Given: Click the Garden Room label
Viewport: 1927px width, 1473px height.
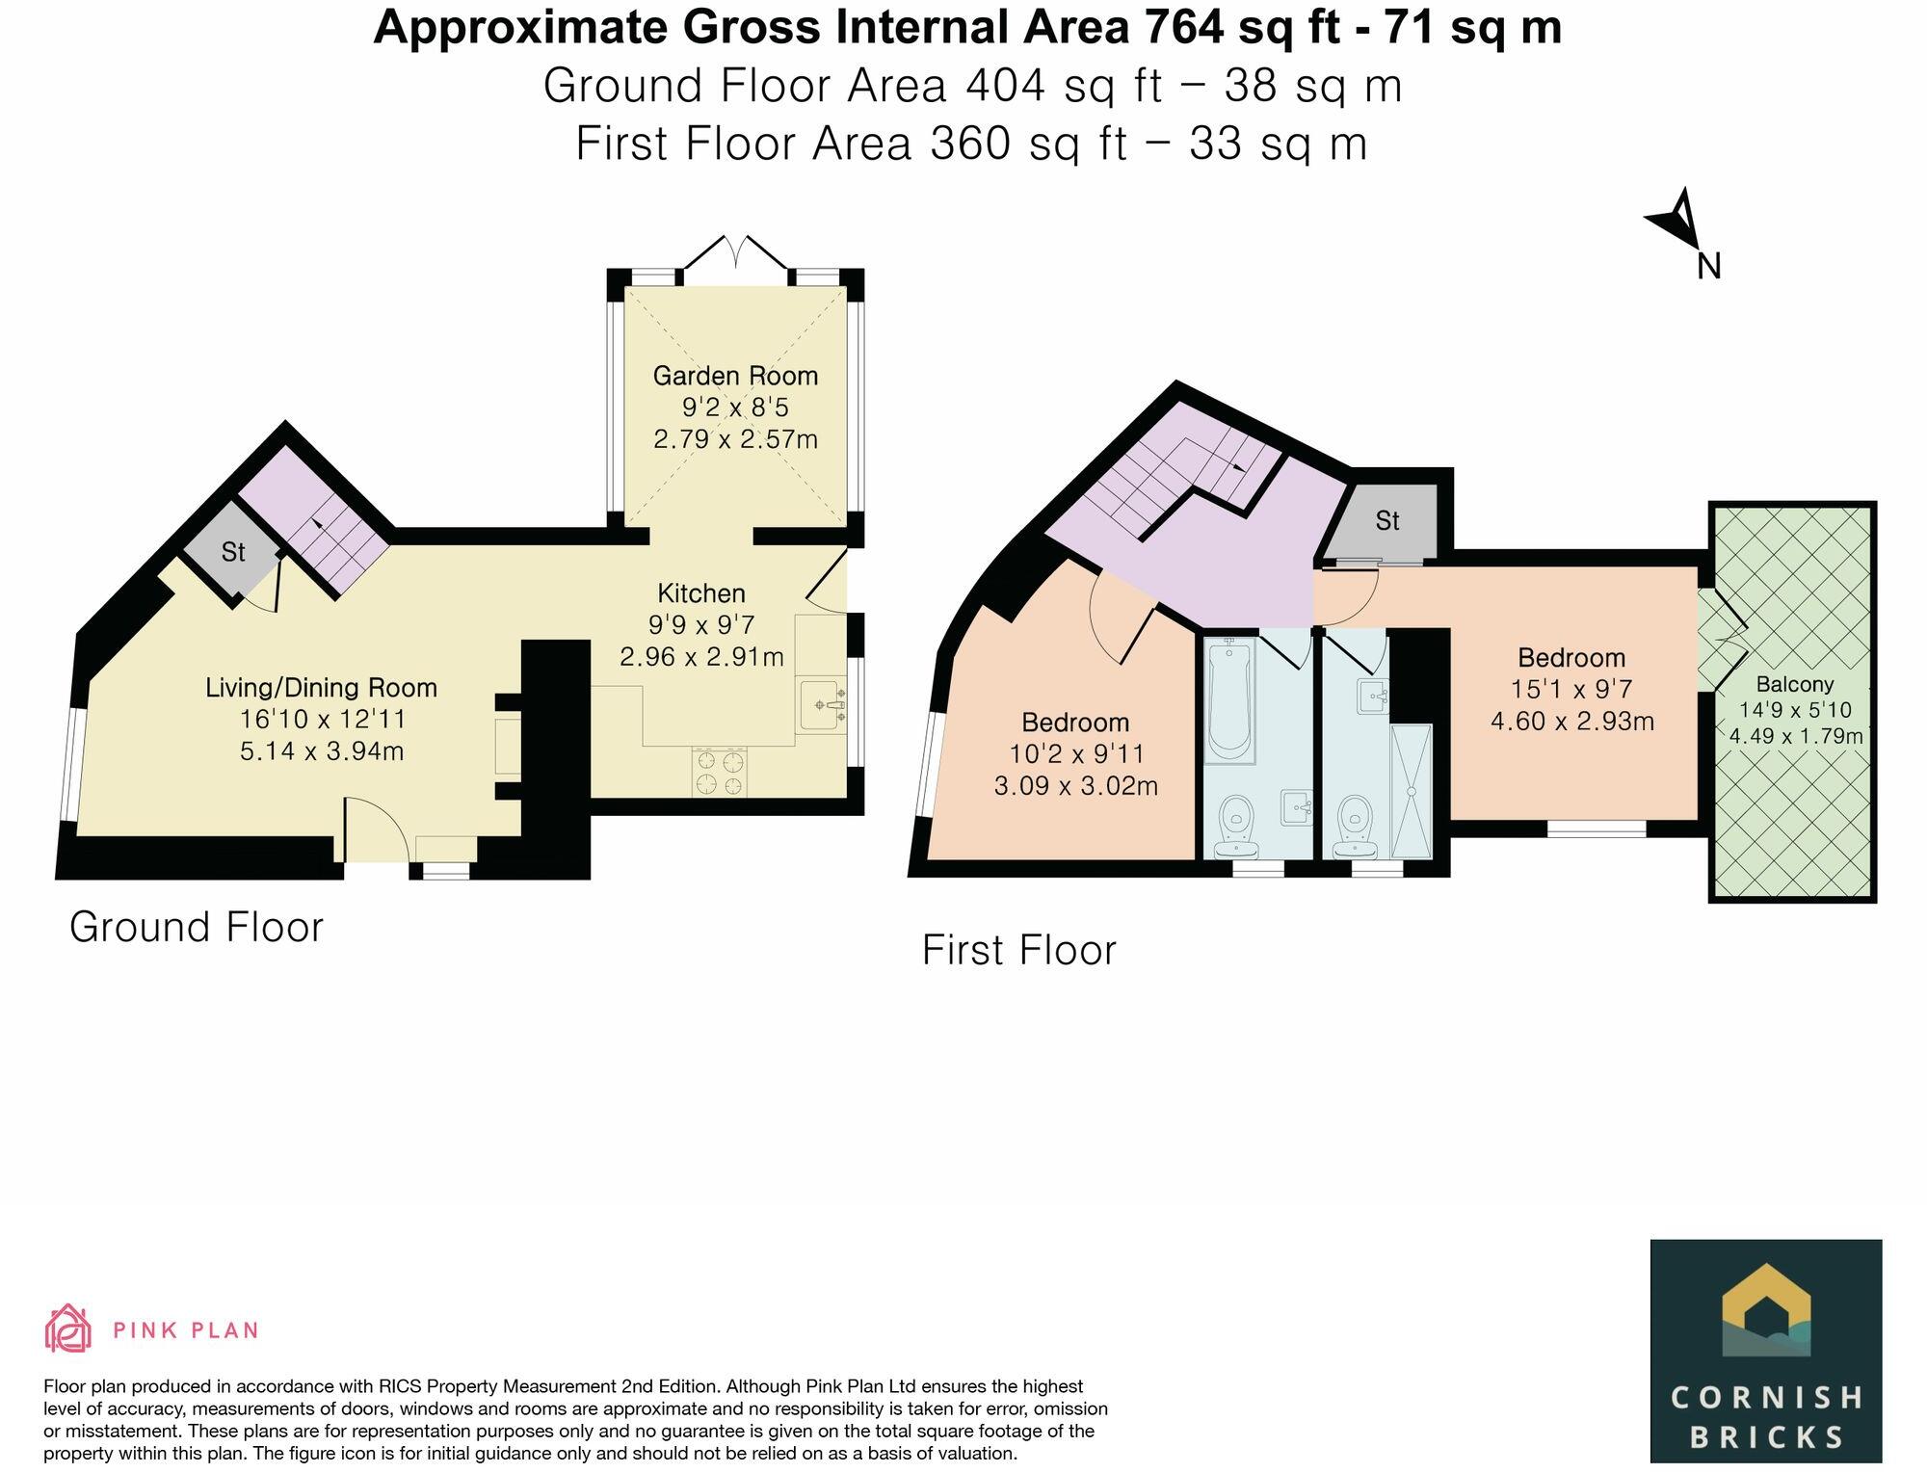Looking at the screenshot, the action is [735, 376].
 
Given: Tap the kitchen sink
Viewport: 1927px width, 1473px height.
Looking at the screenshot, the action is [821, 704].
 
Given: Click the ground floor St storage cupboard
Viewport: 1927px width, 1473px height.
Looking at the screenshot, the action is [232, 554].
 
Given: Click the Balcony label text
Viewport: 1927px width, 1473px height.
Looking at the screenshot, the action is [1794, 685].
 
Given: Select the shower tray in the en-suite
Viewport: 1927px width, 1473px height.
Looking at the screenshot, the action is [1412, 790].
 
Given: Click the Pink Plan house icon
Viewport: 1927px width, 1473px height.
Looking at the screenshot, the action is [68, 1328].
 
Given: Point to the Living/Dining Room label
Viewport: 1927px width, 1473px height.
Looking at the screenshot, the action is [321, 688].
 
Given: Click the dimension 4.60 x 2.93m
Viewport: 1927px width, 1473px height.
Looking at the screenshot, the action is [1571, 721].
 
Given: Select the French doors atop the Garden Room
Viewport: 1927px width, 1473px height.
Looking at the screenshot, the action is [736, 252].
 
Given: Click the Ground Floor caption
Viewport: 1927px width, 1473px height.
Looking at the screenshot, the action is [197, 927].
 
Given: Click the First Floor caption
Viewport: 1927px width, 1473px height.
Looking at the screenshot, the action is [1018, 950].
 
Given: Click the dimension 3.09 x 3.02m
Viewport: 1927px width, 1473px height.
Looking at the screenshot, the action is [1075, 786].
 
